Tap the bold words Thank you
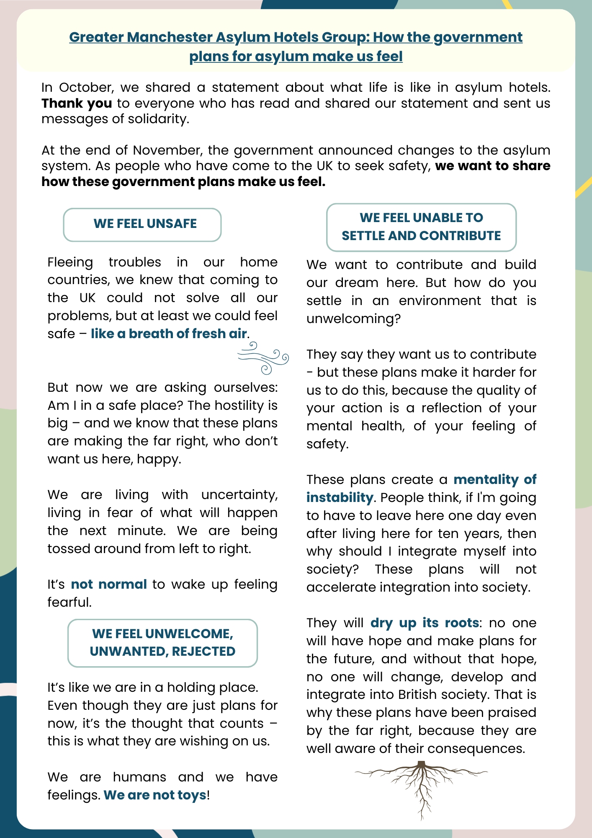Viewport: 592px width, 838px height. pos(77,103)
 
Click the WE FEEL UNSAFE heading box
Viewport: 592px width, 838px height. pos(142,224)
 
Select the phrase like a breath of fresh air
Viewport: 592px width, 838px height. pos(169,334)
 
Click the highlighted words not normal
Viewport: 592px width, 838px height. pos(109,584)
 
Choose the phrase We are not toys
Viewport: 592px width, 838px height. pos(155,795)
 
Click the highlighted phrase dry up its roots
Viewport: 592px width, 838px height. pos(425,623)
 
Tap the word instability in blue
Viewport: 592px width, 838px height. pos(340,497)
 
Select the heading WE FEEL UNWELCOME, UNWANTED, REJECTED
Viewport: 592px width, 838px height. pos(162,643)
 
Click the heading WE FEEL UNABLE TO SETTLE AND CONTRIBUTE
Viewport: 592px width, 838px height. pos(421,227)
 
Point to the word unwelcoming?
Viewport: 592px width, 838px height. pos(353,318)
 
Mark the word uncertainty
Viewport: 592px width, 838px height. pos(239,495)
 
